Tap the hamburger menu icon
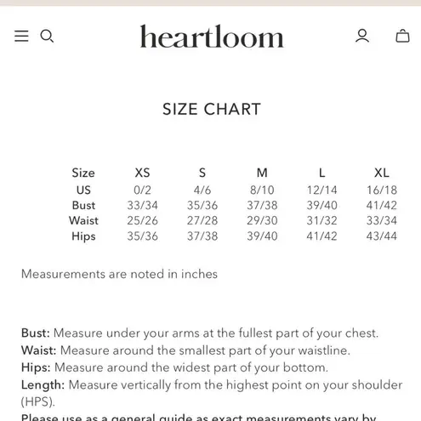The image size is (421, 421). [x=21, y=36]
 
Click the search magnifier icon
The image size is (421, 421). [x=48, y=36]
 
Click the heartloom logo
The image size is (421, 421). [x=211, y=37]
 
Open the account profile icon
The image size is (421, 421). [x=362, y=36]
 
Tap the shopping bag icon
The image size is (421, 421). [x=402, y=36]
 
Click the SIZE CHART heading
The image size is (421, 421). [x=211, y=109]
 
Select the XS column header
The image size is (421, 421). [x=143, y=173]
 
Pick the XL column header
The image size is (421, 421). [x=382, y=173]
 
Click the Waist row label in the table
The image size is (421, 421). [x=83, y=220]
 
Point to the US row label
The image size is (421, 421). [x=83, y=190]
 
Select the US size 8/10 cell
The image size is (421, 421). [x=262, y=190]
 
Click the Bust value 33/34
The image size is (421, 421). [x=143, y=205]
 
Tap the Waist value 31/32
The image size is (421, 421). [x=321, y=220]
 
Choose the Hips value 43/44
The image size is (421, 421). [x=382, y=236]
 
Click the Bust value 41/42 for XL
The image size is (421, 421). [x=382, y=205]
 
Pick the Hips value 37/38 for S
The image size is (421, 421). [x=202, y=236]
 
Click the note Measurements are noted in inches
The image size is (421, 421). [x=119, y=274]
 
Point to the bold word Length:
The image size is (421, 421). [x=43, y=384]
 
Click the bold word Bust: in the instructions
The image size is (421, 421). [x=36, y=333]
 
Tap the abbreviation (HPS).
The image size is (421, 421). [x=38, y=401]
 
